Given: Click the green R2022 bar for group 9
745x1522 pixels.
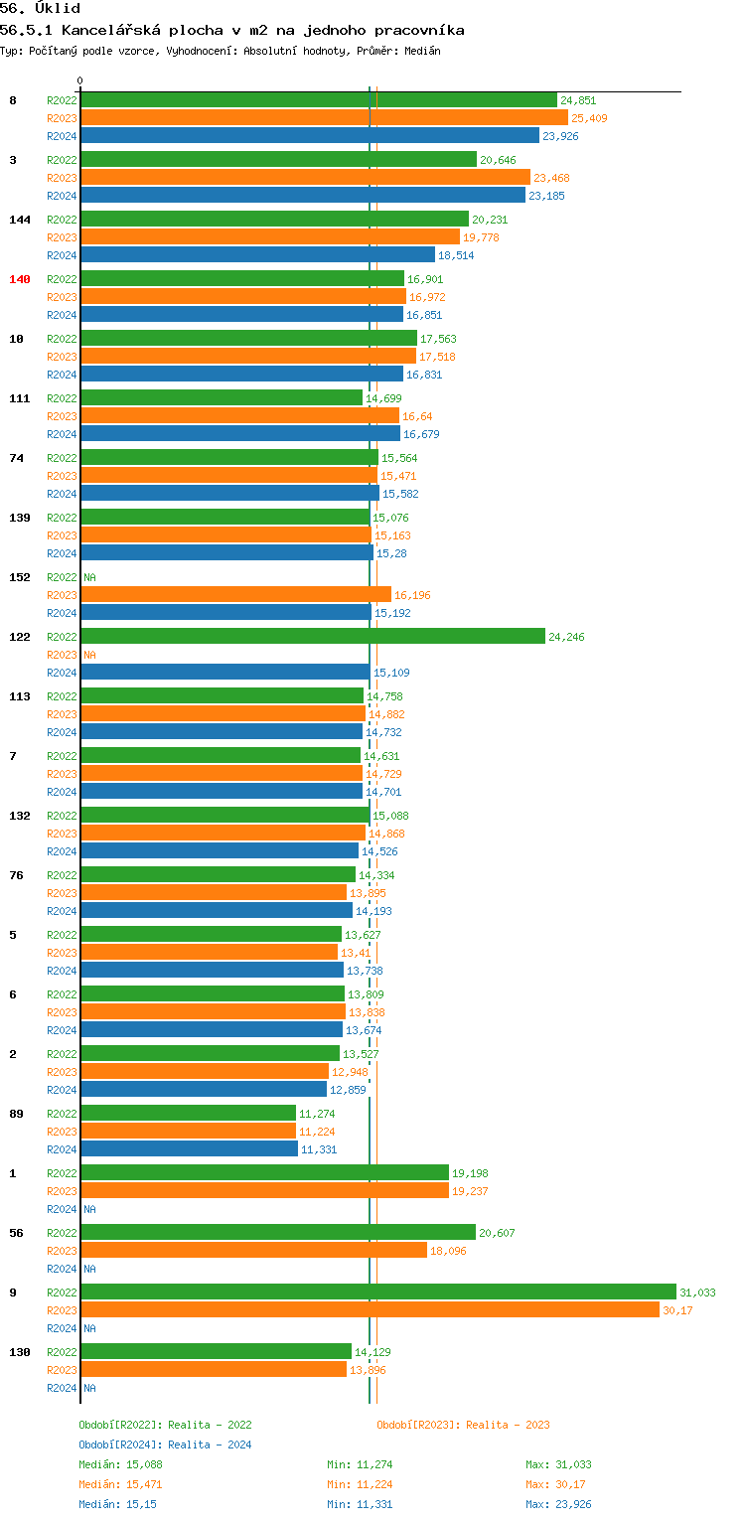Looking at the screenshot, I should click(377, 1292).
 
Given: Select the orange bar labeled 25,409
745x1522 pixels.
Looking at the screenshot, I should click(324, 117).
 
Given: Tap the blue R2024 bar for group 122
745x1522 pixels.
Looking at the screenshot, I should click(224, 672).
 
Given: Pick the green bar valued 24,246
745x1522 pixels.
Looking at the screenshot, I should click(313, 636).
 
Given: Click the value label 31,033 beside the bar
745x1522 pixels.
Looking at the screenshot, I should click(697, 1293).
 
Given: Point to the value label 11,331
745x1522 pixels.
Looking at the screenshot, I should click(319, 1149).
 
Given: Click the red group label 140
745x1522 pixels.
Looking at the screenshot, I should click(20, 279).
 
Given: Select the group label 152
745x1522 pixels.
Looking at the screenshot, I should click(20, 577).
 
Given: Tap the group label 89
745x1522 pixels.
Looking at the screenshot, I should click(16, 1114).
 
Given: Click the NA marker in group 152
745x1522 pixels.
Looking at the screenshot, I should click(89, 577).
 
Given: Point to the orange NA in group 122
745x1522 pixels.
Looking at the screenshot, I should click(89, 655).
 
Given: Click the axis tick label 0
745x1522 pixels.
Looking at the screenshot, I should click(80, 80).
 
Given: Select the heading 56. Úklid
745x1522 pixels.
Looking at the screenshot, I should click(40, 9).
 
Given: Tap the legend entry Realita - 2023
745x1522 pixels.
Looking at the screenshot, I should click(508, 1425).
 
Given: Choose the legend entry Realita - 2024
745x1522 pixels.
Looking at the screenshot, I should click(210, 1445).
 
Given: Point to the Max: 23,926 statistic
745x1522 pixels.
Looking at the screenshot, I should click(558, 1504).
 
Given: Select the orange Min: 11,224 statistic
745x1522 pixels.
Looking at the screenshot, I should click(360, 1484).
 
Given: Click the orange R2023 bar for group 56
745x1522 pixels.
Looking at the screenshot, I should click(253, 1250).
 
